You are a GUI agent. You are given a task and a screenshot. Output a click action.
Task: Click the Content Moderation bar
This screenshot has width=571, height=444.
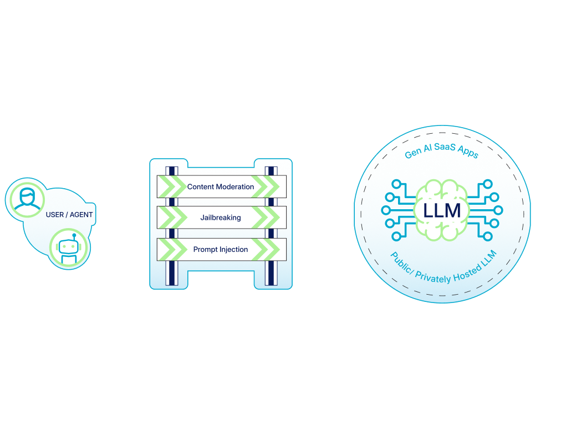[x=221, y=187]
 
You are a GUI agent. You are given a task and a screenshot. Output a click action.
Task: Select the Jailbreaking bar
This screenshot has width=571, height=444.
[x=221, y=218]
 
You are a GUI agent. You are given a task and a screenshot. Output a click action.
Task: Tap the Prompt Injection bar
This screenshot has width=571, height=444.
[x=221, y=250]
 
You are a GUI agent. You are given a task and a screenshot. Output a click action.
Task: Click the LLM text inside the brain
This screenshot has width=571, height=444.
[x=441, y=210]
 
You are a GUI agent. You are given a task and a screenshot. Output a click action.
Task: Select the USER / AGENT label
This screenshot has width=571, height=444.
[x=69, y=215]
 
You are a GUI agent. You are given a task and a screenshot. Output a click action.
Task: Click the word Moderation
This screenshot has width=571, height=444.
[x=235, y=187]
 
